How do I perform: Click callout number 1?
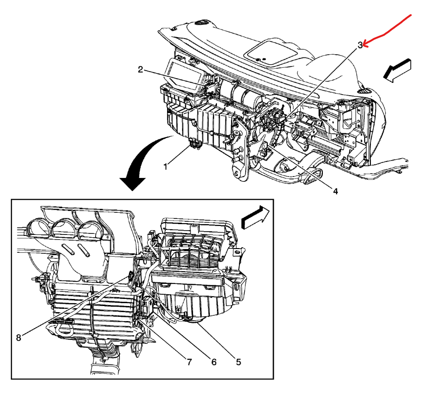coord(165,166)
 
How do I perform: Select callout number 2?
coord(140,70)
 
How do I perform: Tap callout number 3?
coord(360,45)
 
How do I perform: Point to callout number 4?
coord(336,191)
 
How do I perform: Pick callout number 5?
coord(238,362)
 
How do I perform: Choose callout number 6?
coord(214,362)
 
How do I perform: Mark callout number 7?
coord(189,362)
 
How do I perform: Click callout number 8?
coord(19,337)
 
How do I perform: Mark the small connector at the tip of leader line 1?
coord(194,144)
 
